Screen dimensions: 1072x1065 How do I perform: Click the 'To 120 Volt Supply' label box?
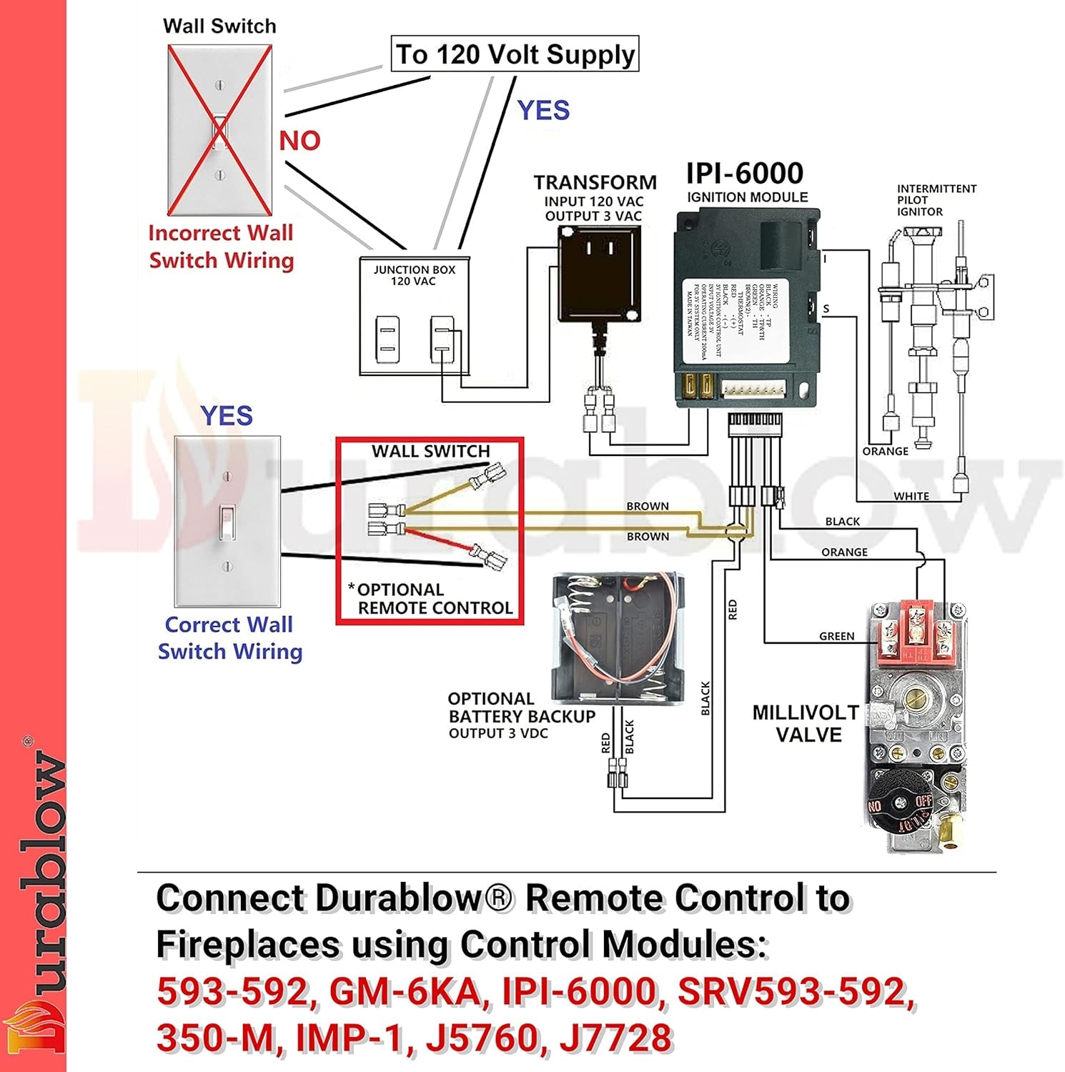pyautogui.click(x=515, y=54)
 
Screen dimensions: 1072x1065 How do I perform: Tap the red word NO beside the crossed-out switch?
pyautogui.click(x=299, y=141)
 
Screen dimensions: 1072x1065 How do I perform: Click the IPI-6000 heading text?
pyautogui.click(x=744, y=173)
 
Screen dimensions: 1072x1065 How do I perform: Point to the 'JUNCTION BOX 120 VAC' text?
pyautogui.click(x=414, y=275)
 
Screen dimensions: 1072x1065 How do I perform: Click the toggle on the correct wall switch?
pyautogui.click(x=227, y=522)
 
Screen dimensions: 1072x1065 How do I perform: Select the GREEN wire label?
pyautogui.click(x=836, y=636)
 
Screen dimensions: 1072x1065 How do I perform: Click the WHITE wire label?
pyautogui.click(x=911, y=496)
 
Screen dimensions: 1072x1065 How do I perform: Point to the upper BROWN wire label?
pyautogui.click(x=648, y=506)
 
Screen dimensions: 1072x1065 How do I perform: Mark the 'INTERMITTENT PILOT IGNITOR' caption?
pyautogui.click(x=936, y=200)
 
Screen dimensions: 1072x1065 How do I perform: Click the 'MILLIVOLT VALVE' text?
pyautogui.click(x=806, y=723)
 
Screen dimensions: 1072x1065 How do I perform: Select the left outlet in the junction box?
pyautogui.click(x=387, y=339)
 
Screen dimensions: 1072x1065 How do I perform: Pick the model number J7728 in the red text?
pyautogui.click(x=615, y=1038)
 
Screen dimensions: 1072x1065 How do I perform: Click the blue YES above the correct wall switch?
pyautogui.click(x=227, y=415)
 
